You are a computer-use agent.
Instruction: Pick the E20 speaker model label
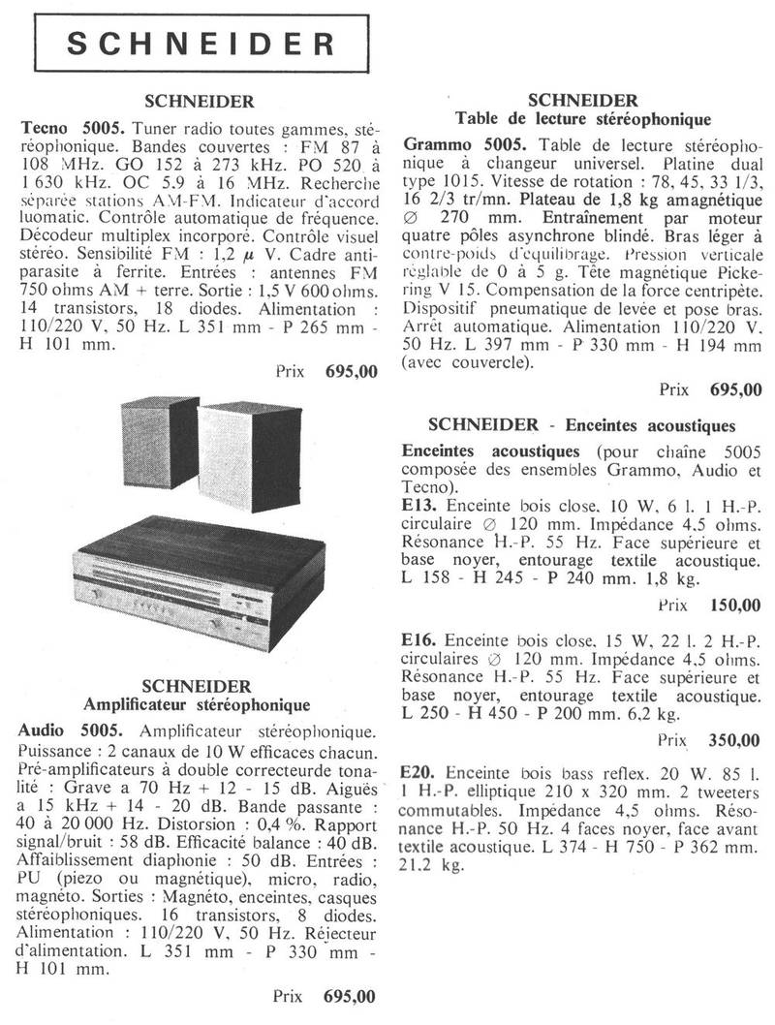418,774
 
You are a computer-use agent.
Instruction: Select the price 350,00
735,741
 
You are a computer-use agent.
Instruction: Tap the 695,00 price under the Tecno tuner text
352,371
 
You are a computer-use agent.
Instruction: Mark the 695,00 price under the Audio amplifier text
352,995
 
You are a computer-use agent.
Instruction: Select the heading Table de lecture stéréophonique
583,119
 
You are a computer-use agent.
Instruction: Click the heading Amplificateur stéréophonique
199,704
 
